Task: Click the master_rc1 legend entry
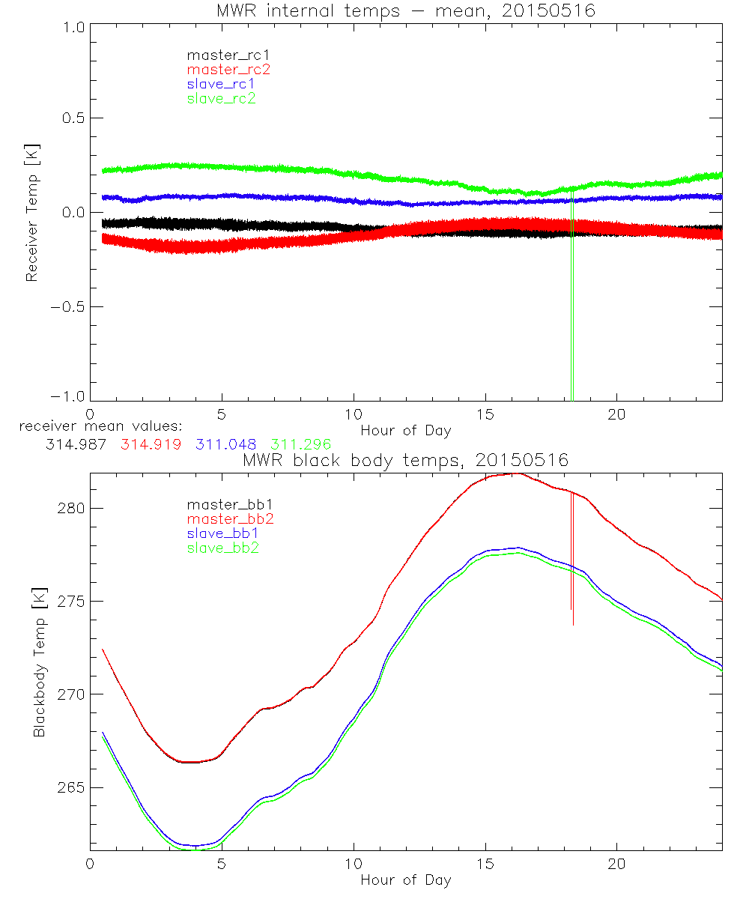pyautogui.click(x=221, y=55)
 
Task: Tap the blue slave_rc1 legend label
pyautogui.click(x=221, y=84)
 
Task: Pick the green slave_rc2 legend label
pyautogui.click(x=221, y=98)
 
